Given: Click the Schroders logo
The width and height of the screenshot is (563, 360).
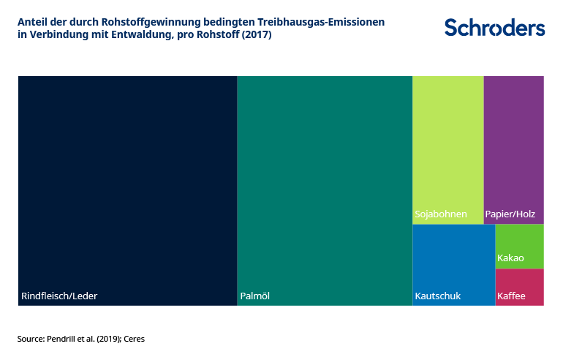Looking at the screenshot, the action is tap(494, 28).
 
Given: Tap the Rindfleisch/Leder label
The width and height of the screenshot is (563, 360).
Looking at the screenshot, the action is tap(59, 296).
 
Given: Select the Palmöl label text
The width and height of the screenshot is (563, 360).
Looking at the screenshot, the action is tap(255, 296).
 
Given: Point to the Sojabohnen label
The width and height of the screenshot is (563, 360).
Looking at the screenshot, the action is tap(441, 214).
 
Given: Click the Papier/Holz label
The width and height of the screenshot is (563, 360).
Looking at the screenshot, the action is tap(510, 214).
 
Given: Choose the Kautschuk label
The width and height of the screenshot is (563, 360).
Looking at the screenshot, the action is tap(438, 296).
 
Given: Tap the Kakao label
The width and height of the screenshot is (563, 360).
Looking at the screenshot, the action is tap(510, 258).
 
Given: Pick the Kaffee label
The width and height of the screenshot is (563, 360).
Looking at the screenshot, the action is tap(511, 296).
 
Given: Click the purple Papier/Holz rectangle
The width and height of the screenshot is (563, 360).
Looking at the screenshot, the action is tap(514, 150).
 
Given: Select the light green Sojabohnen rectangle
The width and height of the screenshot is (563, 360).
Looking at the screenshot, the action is tap(448, 150).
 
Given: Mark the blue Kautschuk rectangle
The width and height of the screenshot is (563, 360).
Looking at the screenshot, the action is tap(454, 265).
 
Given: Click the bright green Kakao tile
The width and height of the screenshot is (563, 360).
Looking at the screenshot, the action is tap(520, 247).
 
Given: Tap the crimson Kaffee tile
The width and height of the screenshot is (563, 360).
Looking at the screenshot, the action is tap(520, 287).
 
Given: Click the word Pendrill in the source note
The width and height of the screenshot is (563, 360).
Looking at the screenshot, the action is tap(61, 339).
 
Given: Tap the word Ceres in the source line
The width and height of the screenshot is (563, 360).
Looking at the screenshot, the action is tap(135, 339).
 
